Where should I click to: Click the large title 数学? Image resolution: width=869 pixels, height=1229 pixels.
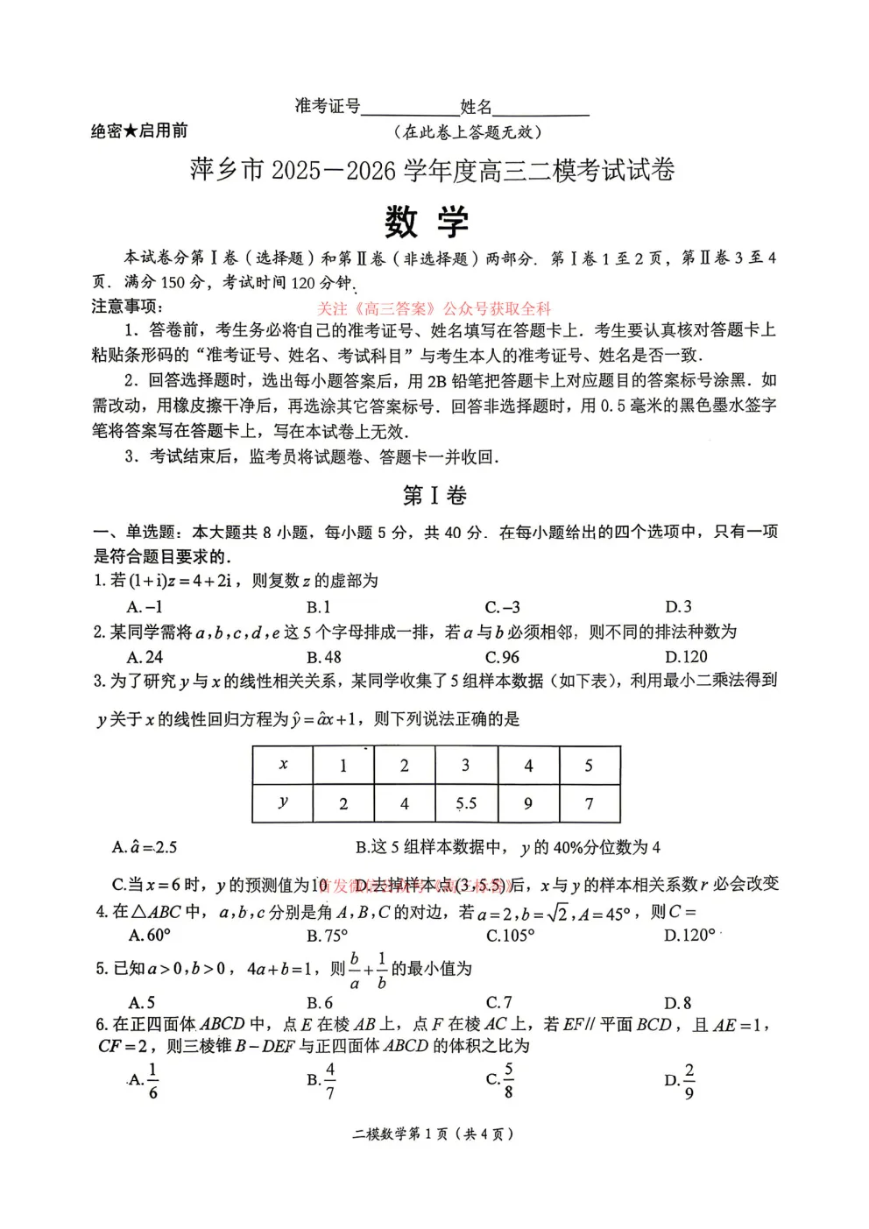(x=427, y=222)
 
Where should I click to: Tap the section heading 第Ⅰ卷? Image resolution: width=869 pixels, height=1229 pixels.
(x=434, y=496)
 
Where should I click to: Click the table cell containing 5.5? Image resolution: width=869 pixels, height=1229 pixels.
(x=466, y=803)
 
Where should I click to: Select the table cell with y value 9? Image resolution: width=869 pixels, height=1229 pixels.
(x=528, y=803)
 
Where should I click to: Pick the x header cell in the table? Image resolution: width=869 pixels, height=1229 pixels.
(x=283, y=765)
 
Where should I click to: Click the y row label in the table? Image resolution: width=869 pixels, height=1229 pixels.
(x=283, y=803)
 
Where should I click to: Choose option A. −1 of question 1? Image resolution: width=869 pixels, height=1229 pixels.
(x=145, y=607)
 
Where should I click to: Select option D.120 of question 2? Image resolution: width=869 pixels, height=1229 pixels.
(x=686, y=657)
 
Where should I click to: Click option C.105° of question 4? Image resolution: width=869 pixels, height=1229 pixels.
(x=510, y=936)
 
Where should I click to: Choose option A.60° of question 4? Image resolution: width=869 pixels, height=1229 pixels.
(x=150, y=936)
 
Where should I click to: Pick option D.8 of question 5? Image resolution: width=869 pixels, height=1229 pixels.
(x=678, y=1003)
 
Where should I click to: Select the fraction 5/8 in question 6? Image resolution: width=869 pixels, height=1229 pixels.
(x=508, y=1081)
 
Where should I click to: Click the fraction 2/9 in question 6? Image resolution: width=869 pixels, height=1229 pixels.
(x=689, y=1081)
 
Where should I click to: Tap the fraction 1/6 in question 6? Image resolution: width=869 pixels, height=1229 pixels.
(x=152, y=1081)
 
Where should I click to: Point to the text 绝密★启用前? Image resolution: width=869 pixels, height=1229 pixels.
(x=139, y=131)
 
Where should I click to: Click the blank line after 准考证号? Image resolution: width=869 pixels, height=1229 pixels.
(x=410, y=109)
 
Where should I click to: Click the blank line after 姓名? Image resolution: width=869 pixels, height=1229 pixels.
(x=540, y=109)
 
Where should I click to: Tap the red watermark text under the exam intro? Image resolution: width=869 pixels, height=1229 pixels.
(x=434, y=308)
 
